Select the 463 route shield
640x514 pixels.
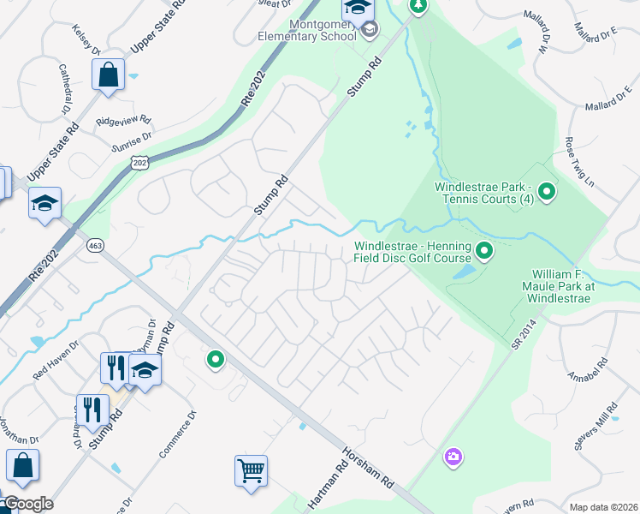pyautogui.click(x=95, y=246)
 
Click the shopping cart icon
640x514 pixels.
pyautogui.click(x=251, y=470)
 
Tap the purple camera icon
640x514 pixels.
pyautogui.click(x=453, y=457)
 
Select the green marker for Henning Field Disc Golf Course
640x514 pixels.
pyautogui.click(x=484, y=252)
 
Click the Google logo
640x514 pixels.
pyautogui.click(x=27, y=504)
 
